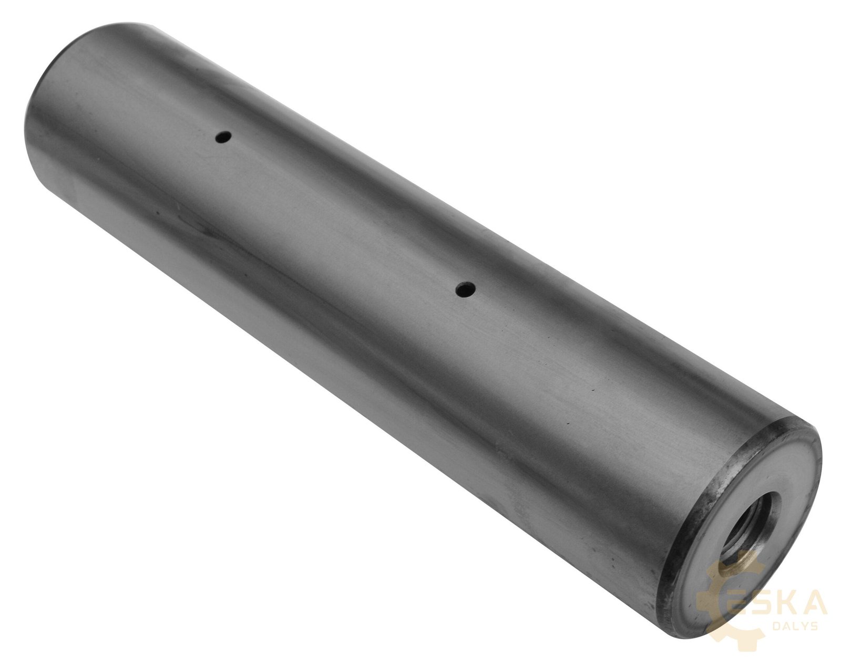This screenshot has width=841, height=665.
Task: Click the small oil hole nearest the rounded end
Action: (x=223, y=137)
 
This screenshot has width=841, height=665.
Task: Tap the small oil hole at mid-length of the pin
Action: (x=466, y=289)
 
